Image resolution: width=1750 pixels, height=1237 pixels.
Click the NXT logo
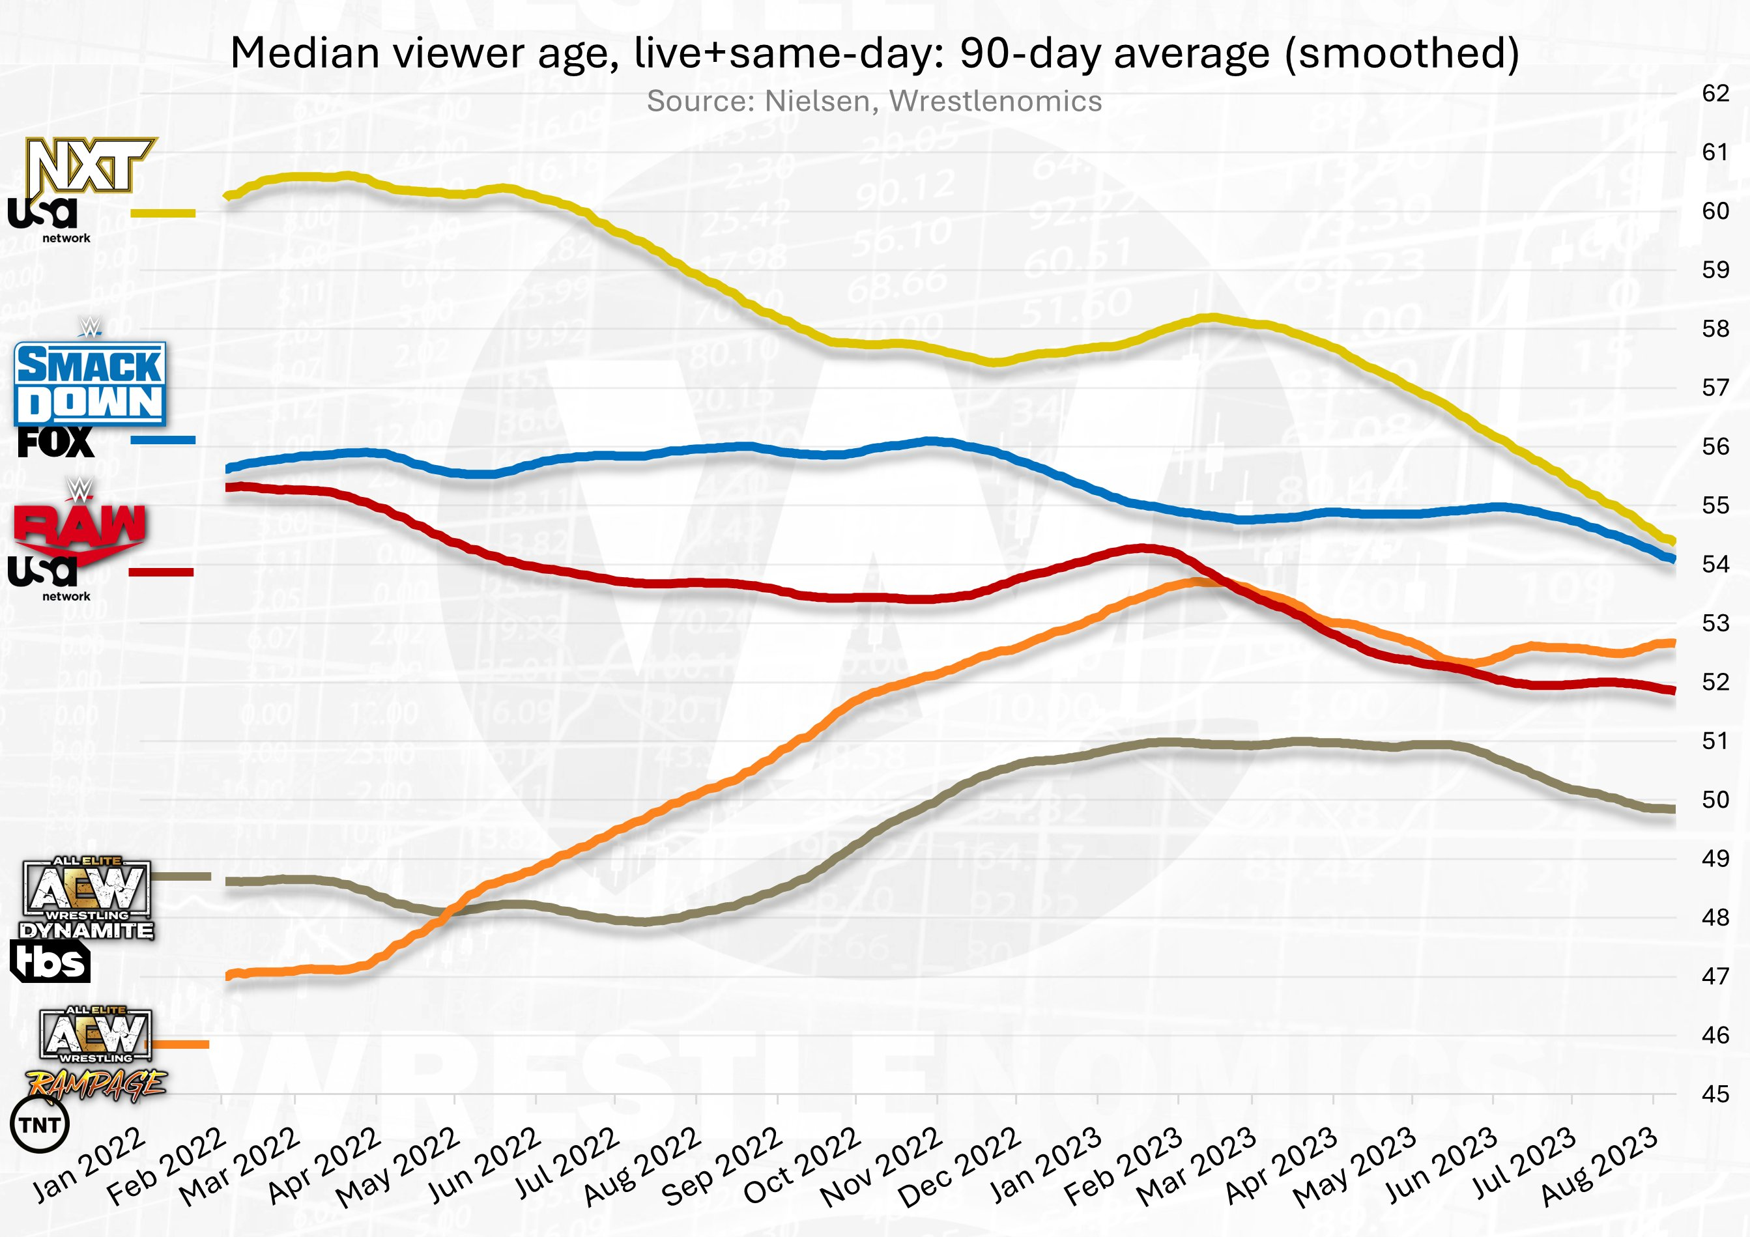click(x=90, y=165)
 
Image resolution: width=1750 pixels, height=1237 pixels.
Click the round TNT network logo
click(x=40, y=1125)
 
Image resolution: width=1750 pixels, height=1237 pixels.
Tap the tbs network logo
click(x=50, y=962)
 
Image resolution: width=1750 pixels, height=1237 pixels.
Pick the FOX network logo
click(x=55, y=443)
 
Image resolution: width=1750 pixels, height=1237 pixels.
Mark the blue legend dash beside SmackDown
click(x=163, y=440)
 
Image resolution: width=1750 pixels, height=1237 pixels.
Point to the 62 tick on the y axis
click(x=1715, y=93)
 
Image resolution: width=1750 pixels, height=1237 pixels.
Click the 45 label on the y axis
click(x=1715, y=1094)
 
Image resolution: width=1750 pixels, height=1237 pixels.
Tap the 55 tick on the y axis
click(x=1715, y=505)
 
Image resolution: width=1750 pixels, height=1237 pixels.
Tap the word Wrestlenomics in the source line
click(x=995, y=102)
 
